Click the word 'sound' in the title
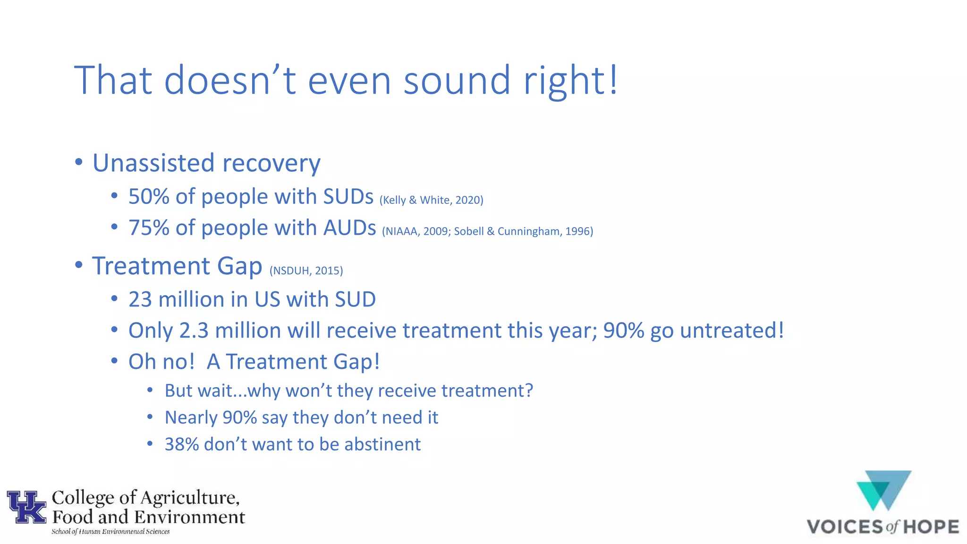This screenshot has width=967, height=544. coord(457,80)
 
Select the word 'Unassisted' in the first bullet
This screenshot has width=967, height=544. coord(153,163)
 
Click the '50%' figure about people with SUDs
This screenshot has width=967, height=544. coord(149,196)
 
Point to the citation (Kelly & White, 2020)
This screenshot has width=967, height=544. coord(431,200)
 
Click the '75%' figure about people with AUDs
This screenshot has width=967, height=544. coord(149,228)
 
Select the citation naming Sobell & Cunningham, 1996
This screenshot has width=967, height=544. coord(523,231)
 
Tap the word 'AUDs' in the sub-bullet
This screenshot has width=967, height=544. coord(349,228)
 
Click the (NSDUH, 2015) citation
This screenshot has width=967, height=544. coord(306,271)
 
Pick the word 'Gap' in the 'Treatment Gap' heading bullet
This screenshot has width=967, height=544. coord(239,266)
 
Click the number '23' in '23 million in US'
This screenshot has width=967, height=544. coord(140,299)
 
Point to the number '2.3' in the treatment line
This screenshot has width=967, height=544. coord(194,331)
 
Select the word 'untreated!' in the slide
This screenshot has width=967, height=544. coord(732,331)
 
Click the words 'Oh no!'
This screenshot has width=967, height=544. coord(161,362)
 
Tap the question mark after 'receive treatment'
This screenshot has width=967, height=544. coord(528,391)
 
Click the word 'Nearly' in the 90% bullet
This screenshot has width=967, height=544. coord(190,418)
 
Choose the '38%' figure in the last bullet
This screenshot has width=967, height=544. coord(181,444)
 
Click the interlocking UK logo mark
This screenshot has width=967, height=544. coord(26,507)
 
